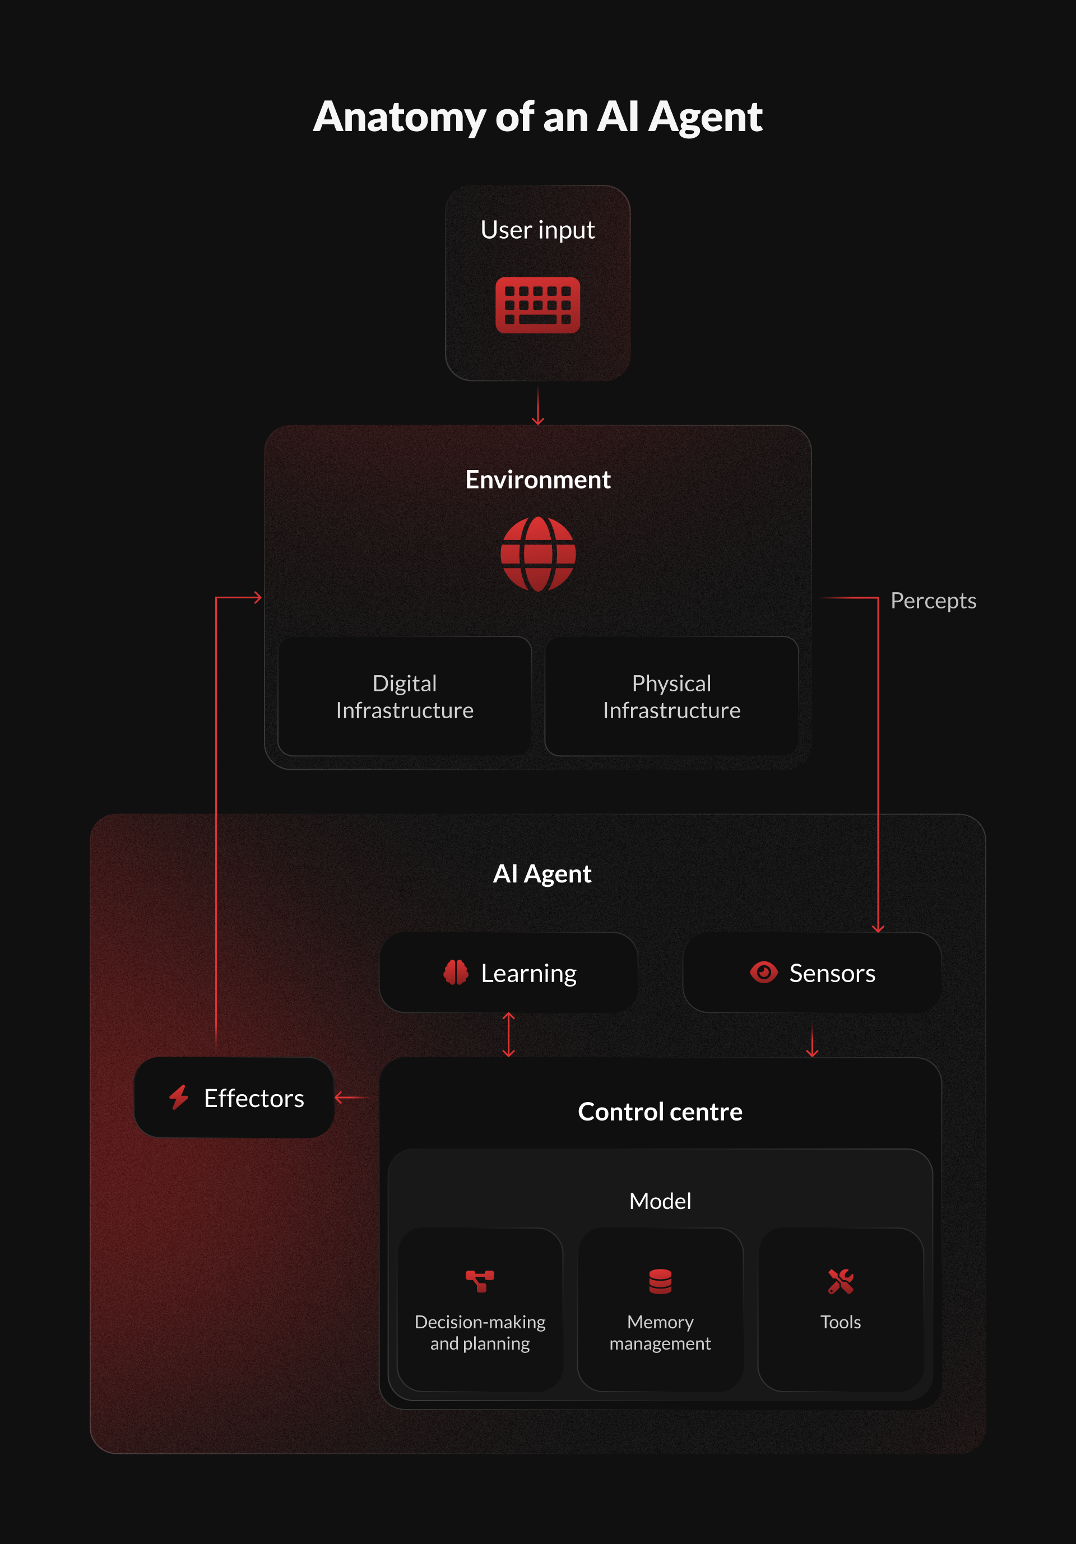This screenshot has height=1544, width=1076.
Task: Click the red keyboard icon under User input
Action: (x=537, y=305)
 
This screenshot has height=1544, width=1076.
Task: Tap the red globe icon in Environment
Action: (x=538, y=554)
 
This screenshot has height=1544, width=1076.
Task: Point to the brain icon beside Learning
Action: (x=456, y=973)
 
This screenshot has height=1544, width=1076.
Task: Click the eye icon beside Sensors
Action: (x=764, y=973)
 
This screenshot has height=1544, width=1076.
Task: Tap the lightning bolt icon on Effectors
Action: (x=179, y=1097)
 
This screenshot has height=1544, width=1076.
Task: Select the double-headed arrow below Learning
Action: (x=508, y=1035)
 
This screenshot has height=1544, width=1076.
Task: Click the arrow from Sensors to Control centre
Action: (x=813, y=1041)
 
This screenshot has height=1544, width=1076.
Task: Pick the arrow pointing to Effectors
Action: (x=353, y=1097)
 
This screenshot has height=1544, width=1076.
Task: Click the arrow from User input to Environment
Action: (x=538, y=406)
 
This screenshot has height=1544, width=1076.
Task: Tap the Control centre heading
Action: (x=660, y=1112)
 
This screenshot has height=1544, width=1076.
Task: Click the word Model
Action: (x=660, y=1201)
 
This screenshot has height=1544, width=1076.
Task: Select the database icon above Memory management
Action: (x=660, y=1281)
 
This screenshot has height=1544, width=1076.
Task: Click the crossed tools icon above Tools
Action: (x=841, y=1281)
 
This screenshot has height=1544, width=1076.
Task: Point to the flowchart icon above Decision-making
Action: (x=480, y=1281)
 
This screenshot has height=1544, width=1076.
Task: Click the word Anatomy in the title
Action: (x=399, y=118)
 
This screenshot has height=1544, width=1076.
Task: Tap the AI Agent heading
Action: (x=542, y=873)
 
